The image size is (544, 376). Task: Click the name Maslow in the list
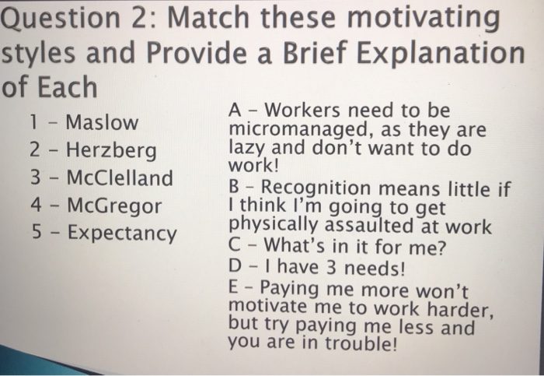(102, 123)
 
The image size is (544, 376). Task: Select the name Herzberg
(110, 150)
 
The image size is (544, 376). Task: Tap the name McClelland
(120, 178)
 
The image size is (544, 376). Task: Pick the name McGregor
(114, 206)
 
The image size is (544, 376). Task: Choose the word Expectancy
(121, 233)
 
